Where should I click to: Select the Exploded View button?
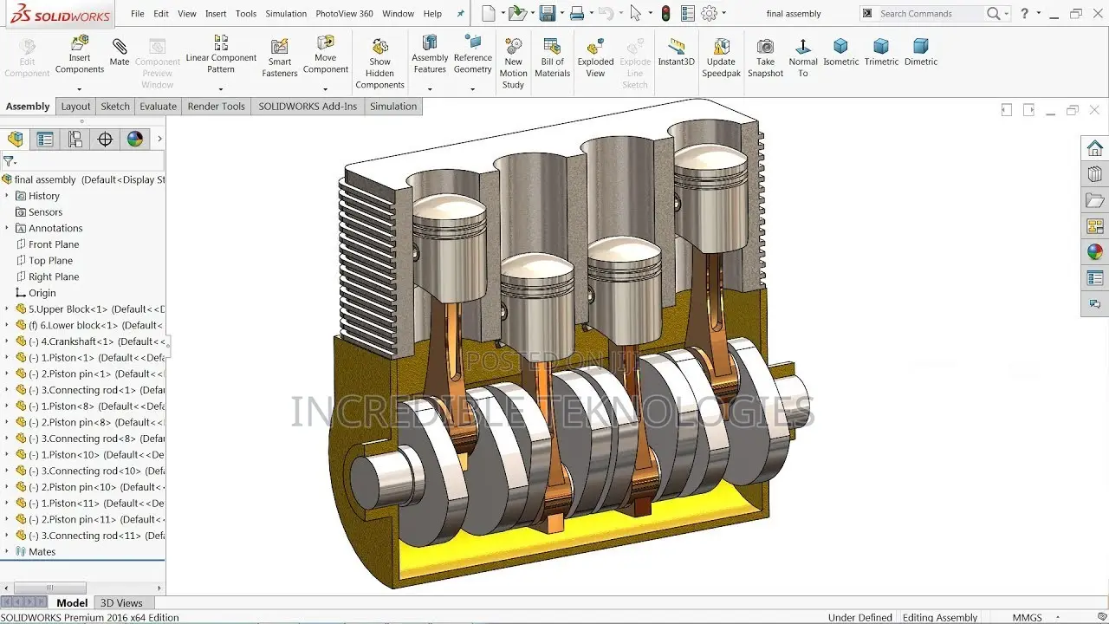pyautogui.click(x=595, y=56)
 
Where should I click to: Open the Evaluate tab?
pyautogui.click(x=158, y=107)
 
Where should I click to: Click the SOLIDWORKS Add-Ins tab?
pyautogui.click(x=307, y=107)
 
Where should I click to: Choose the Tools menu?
pyautogui.click(x=246, y=14)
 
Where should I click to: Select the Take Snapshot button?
pyautogui.click(x=765, y=56)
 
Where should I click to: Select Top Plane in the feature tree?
pyautogui.click(x=50, y=261)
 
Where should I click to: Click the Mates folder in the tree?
pyautogui.click(x=42, y=552)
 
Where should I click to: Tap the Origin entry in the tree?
pyautogui.click(x=42, y=293)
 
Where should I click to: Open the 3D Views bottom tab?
pyautogui.click(x=121, y=603)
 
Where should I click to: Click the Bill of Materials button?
pyautogui.click(x=552, y=56)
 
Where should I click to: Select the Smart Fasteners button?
pyautogui.click(x=279, y=56)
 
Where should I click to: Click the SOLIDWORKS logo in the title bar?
pyautogui.click(x=55, y=15)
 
